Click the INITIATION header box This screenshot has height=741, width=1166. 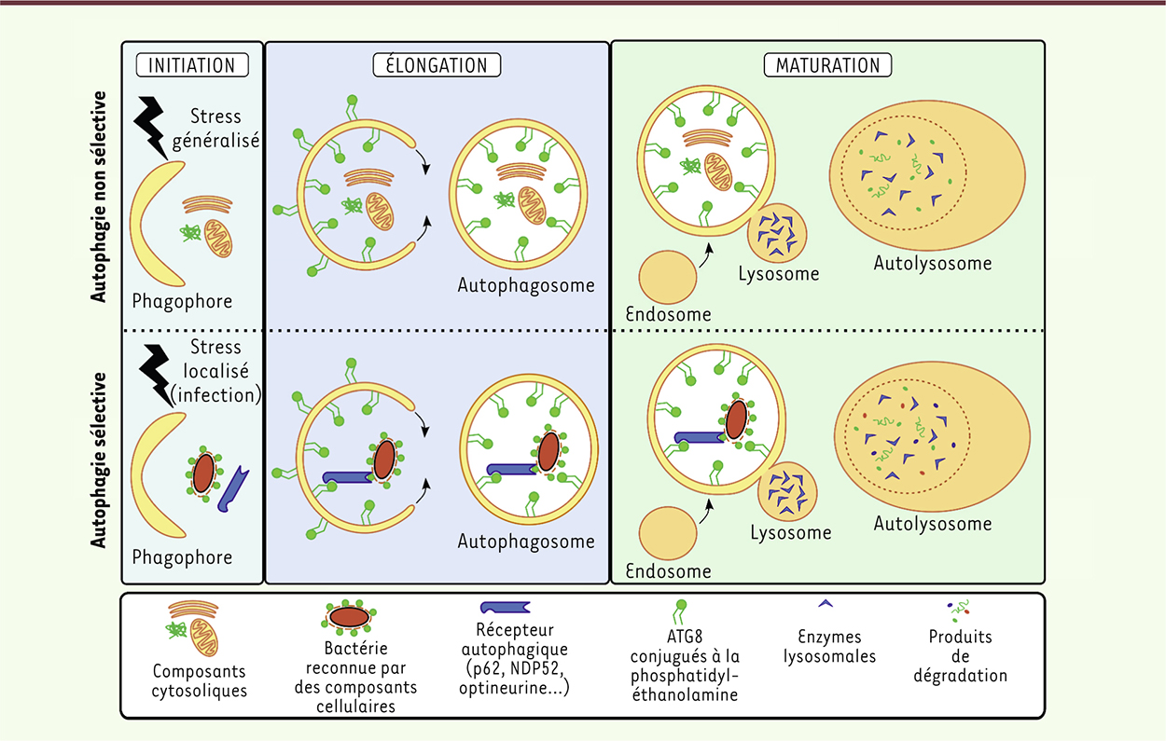[x=192, y=64]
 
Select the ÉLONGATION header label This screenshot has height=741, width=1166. [x=437, y=64]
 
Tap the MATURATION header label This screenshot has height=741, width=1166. [x=827, y=64]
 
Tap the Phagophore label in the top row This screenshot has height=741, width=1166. [x=182, y=301]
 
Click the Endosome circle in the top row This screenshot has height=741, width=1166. [x=668, y=277]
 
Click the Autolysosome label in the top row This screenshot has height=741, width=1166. [x=932, y=263]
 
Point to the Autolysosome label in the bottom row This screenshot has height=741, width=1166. [x=932, y=523]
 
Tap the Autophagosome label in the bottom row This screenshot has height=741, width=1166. [x=526, y=542]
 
